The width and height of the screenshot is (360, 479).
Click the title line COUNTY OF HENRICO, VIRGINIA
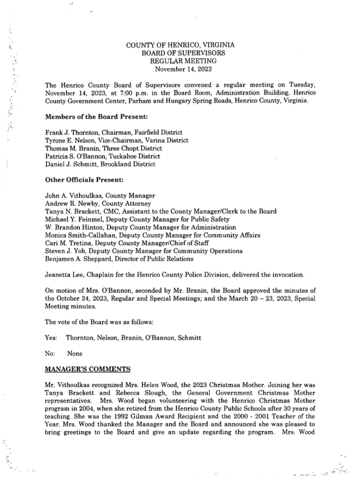click(x=180, y=45)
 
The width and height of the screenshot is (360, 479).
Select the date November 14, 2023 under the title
click(x=180, y=69)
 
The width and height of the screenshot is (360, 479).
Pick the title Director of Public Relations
click(x=153, y=259)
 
